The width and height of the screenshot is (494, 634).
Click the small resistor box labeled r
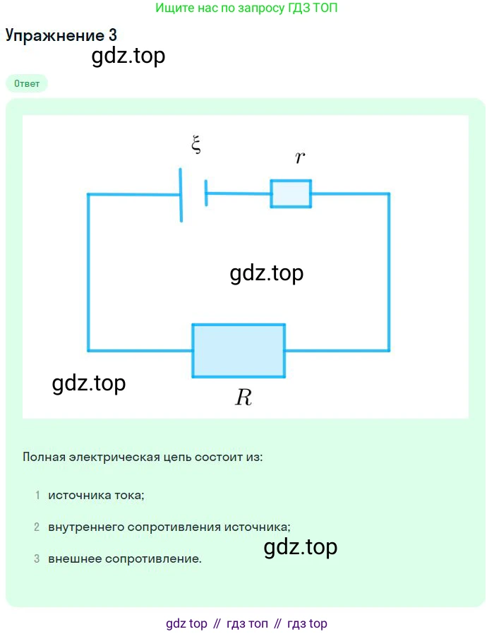pos(291,193)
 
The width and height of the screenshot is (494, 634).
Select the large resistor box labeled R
pos(239,350)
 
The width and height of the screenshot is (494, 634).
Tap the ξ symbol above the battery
pos(196,145)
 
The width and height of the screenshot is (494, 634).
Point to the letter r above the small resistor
pos(300,157)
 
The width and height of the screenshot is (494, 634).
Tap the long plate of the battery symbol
pos(181,195)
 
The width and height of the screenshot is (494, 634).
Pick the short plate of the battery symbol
pos(206,193)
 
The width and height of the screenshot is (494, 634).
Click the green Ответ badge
pos(27,83)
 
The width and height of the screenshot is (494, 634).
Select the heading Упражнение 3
pos(61,35)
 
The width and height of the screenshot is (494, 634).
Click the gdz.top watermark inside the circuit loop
pos(267,273)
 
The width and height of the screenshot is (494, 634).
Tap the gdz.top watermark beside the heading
pos(128,56)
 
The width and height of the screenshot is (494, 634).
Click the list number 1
pos(37,496)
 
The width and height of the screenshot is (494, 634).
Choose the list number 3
pos(37,559)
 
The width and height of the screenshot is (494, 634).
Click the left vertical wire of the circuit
pos(88,272)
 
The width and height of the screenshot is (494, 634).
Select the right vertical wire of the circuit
pos(388,272)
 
